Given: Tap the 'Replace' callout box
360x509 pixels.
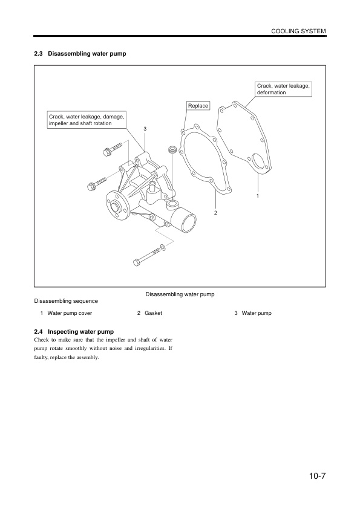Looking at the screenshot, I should (x=198, y=106).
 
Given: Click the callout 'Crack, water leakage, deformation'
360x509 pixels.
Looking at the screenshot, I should (x=284, y=89).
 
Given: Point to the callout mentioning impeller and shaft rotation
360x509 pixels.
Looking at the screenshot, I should (x=86, y=120).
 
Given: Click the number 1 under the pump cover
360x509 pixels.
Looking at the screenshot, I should (x=258, y=196).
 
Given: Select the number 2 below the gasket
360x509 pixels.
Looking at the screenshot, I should (x=215, y=213).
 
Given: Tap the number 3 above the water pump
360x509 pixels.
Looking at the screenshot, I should (x=145, y=129).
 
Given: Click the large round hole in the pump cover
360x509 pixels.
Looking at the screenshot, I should (x=258, y=161).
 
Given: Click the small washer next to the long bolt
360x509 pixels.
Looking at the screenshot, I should (x=163, y=248).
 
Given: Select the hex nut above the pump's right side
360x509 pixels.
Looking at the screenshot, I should (x=172, y=149).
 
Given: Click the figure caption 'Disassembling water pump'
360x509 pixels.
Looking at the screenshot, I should (x=180, y=294).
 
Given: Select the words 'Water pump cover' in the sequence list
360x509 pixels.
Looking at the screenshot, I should (x=70, y=314).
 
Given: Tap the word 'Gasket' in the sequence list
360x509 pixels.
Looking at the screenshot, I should (x=154, y=314).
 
